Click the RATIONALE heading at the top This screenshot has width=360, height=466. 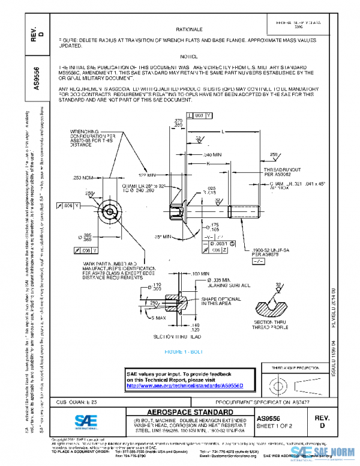tap(189, 29)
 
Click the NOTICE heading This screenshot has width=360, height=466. tap(189, 55)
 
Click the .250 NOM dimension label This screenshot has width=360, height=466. tap(85, 178)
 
